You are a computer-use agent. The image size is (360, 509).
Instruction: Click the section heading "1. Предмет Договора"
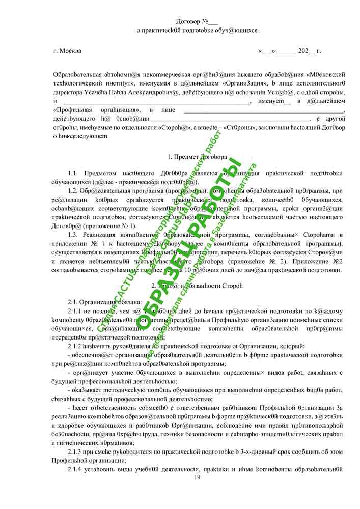pyautogui.click(x=197, y=157)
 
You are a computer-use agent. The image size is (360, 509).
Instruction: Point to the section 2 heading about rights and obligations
pyautogui.click(x=197, y=286)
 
